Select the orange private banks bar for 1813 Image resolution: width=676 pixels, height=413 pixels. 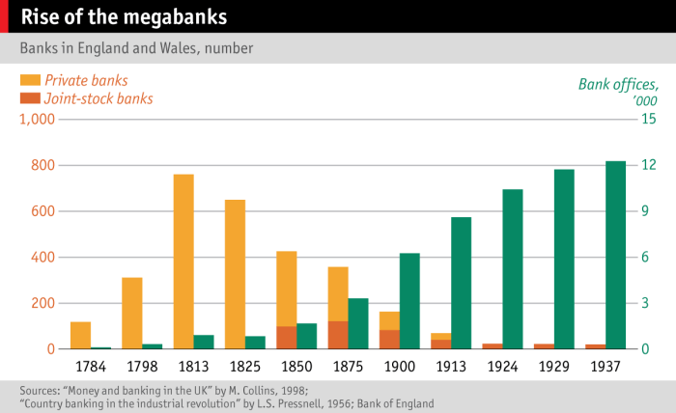click(x=183, y=261)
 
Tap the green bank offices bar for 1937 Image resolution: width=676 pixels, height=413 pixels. click(x=615, y=255)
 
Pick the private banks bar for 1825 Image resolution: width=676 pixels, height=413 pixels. click(x=235, y=274)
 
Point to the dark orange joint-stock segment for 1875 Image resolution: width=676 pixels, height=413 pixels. click(x=338, y=335)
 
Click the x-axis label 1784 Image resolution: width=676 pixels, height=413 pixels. click(x=90, y=368)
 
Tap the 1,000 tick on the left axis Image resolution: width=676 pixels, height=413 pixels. click(x=38, y=120)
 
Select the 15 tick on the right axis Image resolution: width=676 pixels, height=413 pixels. click(x=648, y=120)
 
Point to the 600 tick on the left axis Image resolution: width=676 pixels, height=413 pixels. click(x=43, y=211)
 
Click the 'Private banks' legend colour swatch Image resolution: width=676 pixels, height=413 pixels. click(x=30, y=80)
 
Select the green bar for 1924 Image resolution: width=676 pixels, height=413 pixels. click(x=512, y=269)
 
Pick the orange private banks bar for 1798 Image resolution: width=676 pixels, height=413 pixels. click(x=132, y=314)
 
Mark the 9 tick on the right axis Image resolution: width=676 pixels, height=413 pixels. click(x=648, y=211)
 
